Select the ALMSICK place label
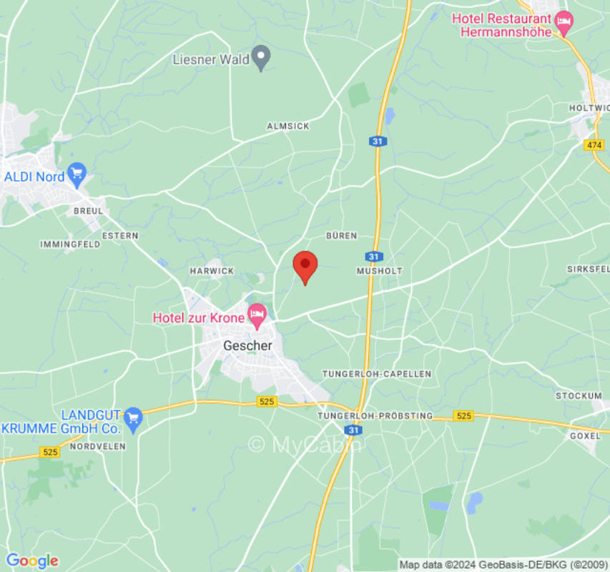pos(288,126)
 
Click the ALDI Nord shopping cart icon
pos(77,174)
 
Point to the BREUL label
pos(89,211)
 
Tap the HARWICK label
pos(212,271)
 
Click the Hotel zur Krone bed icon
pos(257,313)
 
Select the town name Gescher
pos(247,345)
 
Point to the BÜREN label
pos(341,235)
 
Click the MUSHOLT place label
pos(380,271)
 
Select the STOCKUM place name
pos(579,395)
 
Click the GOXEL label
pos(584,435)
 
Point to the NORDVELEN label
pos(98,446)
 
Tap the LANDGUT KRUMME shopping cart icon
pos(133,415)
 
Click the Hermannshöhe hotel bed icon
pos(564,21)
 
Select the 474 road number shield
pos(594,144)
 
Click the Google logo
pos(31,561)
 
